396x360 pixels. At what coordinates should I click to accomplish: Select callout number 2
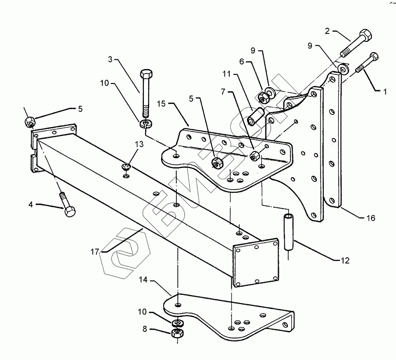click(327, 31)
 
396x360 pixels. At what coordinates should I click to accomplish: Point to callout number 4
click(31, 204)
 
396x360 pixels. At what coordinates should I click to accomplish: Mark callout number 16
click(370, 218)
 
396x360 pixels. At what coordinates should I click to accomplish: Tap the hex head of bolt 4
click(69, 212)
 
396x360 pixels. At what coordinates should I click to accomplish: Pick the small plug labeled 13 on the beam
click(126, 166)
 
